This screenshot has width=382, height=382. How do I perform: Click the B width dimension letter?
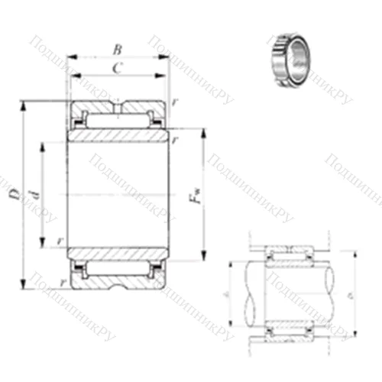117,50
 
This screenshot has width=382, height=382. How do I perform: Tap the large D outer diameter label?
15,196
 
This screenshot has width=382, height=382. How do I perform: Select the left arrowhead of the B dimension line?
70,58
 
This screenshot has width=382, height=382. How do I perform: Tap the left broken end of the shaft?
248,290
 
